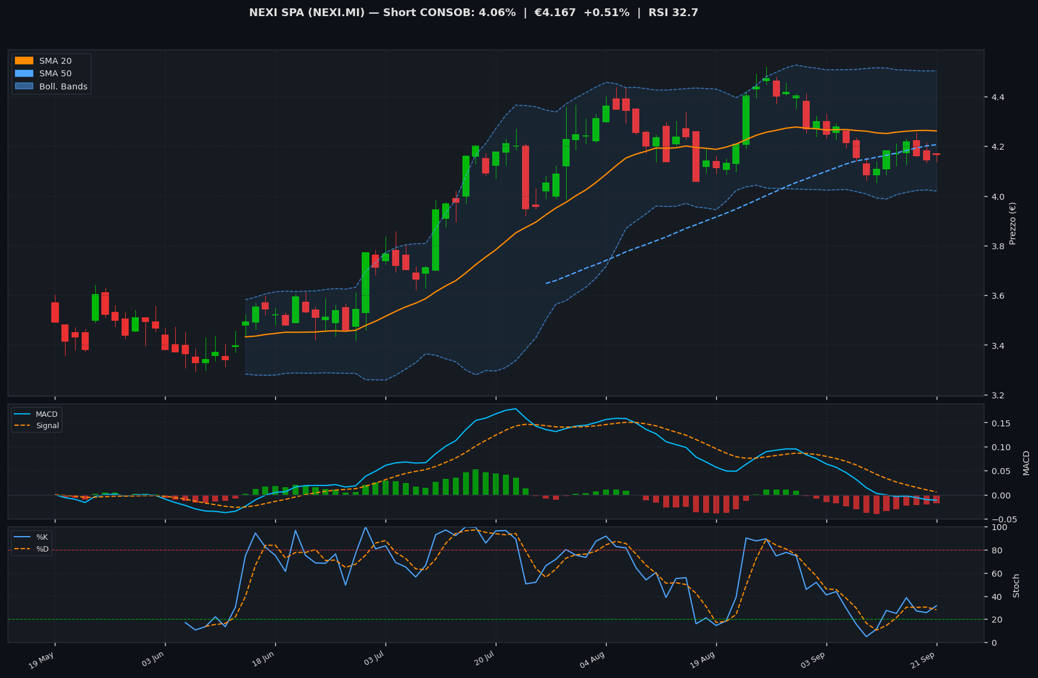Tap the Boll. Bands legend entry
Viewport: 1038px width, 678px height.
[x=51, y=86]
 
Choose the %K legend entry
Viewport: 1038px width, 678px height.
[x=32, y=537]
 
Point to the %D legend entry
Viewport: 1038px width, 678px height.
[x=32, y=549]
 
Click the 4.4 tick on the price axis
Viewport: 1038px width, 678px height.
[x=994, y=97]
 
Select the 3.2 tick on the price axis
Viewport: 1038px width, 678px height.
[x=994, y=395]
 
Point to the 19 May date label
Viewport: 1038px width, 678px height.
[x=42, y=660]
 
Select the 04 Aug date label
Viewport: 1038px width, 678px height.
[x=592, y=660]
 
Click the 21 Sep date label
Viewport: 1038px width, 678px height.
[x=923, y=660]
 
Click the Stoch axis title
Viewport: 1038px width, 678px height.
[x=1017, y=585]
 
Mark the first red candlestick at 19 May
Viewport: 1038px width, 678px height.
[x=55, y=312]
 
